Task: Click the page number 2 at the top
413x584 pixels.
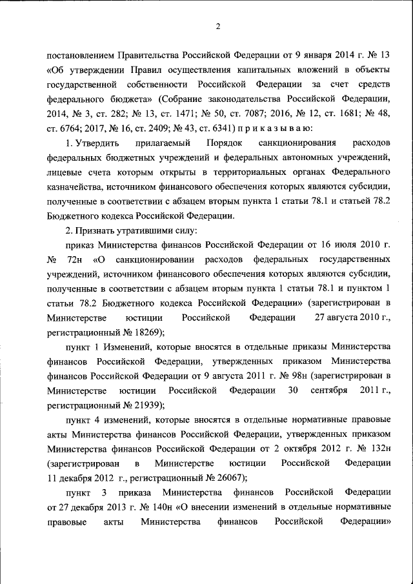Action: click(218, 26)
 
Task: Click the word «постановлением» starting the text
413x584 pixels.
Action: click(81, 55)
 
